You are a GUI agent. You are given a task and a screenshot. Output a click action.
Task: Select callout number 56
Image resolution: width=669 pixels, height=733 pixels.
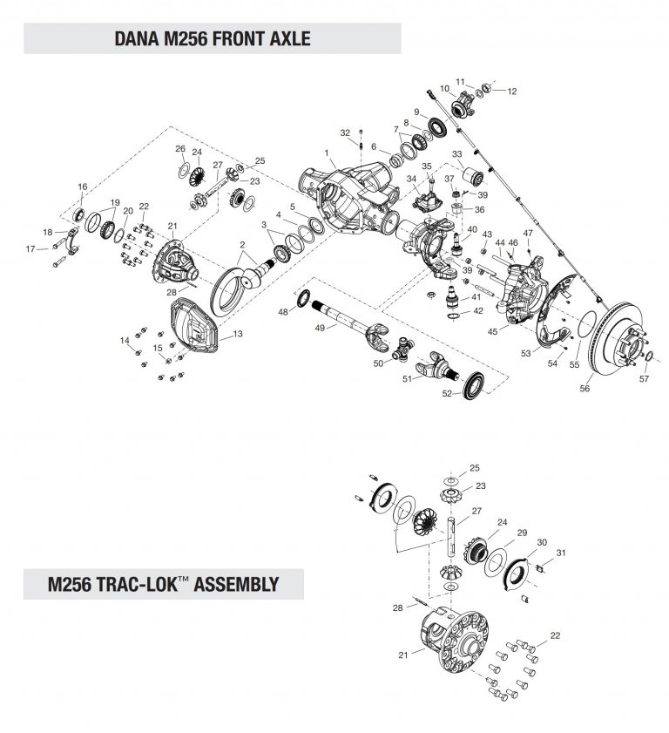(x=585, y=389)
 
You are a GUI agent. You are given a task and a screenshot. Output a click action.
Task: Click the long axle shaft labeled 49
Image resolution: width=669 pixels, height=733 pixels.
(x=348, y=313)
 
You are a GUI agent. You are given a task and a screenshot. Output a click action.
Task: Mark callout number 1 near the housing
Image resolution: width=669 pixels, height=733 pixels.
(x=327, y=153)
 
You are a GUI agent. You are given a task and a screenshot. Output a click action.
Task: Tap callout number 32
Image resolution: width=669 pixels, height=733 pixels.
(x=345, y=132)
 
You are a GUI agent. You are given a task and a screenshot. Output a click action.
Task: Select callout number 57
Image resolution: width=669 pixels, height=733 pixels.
(x=644, y=379)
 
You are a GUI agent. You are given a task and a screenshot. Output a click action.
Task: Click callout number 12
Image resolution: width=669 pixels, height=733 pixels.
(x=511, y=91)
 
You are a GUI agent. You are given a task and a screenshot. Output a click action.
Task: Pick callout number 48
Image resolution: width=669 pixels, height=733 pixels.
(x=282, y=312)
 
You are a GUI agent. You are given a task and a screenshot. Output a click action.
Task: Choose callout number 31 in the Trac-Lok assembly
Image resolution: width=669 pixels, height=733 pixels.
(x=561, y=553)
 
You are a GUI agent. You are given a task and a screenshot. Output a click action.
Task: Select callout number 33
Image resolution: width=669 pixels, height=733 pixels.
(x=457, y=153)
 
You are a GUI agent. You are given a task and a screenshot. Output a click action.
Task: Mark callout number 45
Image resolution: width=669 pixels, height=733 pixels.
(x=494, y=331)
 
